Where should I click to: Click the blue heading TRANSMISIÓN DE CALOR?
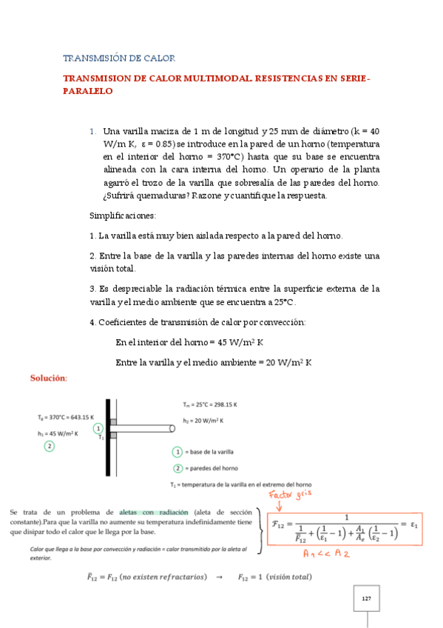point(118,58)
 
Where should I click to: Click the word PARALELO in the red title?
point(87,92)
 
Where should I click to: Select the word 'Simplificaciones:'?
point(122,216)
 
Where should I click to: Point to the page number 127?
point(366,598)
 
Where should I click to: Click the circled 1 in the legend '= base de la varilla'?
point(177,452)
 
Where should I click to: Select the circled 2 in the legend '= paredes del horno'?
point(177,467)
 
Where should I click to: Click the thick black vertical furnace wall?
point(108,437)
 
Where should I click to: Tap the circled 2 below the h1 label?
point(49,446)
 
